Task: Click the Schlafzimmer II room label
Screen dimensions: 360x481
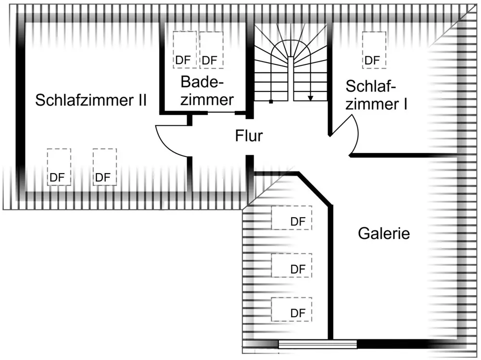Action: pos(91,100)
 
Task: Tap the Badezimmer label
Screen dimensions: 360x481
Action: pos(207,91)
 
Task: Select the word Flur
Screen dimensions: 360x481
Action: pos(249,136)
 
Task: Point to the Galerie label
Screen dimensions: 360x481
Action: pos(384,234)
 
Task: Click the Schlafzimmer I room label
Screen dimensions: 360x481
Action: pos(376,95)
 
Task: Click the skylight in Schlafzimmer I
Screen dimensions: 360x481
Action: pos(374,50)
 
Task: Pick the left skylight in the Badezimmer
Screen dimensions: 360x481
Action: pos(185,50)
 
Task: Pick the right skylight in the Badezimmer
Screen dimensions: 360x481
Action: pos(211,50)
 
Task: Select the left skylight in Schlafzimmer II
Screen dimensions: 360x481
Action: pos(59,167)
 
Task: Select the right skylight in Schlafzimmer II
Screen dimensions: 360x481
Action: pos(104,167)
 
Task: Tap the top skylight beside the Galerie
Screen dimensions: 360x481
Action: pos(291,218)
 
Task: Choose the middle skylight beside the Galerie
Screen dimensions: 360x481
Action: pos(291,265)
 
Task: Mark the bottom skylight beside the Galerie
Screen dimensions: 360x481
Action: pos(291,310)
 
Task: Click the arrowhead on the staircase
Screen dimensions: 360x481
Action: pos(311,98)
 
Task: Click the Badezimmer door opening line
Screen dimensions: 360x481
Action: pos(221,112)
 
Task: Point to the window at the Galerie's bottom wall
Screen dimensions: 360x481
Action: pos(317,344)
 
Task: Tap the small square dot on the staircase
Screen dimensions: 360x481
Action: pos(271,102)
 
